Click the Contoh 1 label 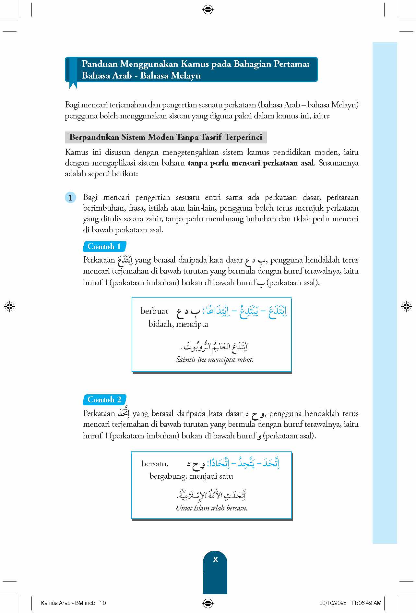104,246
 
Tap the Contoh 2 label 104,399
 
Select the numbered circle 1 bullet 70,197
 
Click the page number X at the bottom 215,560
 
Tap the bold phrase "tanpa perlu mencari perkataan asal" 251,163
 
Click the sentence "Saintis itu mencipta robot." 214,360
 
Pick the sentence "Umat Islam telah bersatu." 211,508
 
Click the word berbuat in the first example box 154,311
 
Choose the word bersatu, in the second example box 155,463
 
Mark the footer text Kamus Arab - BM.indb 68,603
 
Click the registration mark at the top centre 208,10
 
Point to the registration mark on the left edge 10,306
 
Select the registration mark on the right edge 406,306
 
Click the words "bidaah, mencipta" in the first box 178,324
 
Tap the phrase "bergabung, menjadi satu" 191,476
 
